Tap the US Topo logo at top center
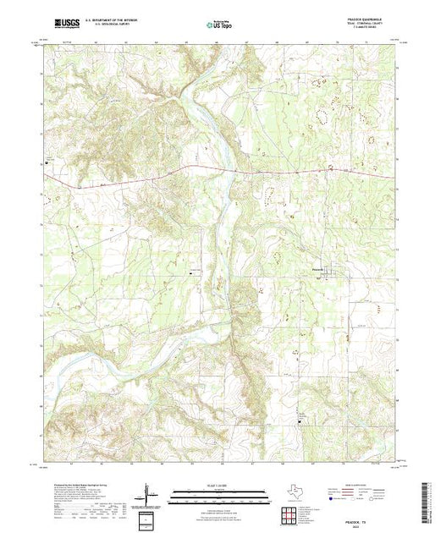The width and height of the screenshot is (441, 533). coord(218,25)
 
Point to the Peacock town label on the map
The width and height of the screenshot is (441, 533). coord(313,270)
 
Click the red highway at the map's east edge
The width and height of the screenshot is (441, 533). coord(389,176)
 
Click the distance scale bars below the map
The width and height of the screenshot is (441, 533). coord(217,495)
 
